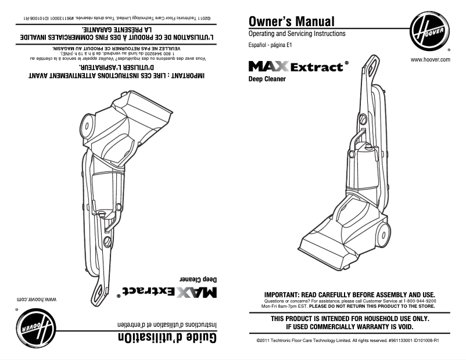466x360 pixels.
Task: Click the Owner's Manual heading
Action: coord(291,22)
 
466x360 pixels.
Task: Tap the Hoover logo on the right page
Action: coord(429,33)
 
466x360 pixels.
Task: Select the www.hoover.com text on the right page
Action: coord(431,60)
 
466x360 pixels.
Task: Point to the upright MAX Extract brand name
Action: coord(295,67)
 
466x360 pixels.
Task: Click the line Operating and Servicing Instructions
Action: coord(296,34)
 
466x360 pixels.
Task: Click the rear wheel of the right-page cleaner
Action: coord(383,235)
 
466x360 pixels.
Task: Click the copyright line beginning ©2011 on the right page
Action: coord(347,341)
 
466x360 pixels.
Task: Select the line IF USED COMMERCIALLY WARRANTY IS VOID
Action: coord(349,327)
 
